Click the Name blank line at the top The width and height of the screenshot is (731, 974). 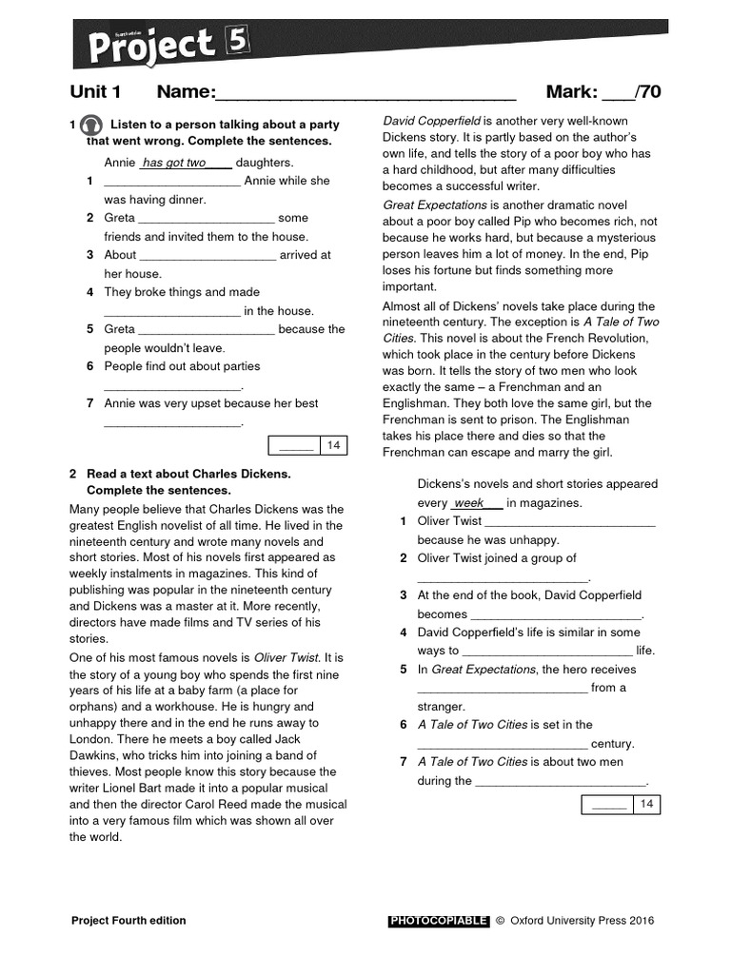(x=365, y=93)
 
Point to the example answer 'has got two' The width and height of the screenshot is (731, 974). (x=175, y=163)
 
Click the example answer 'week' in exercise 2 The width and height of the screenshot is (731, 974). (x=469, y=502)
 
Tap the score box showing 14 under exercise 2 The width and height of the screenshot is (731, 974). (x=621, y=805)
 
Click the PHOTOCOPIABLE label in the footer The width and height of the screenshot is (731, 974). (x=438, y=921)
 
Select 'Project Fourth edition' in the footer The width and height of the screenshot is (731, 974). (x=128, y=921)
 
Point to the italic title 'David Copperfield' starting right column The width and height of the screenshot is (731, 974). (x=430, y=121)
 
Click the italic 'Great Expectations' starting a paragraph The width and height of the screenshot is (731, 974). (x=434, y=205)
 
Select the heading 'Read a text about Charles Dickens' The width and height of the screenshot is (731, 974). (x=188, y=473)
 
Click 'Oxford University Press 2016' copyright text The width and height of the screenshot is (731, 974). (x=582, y=921)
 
